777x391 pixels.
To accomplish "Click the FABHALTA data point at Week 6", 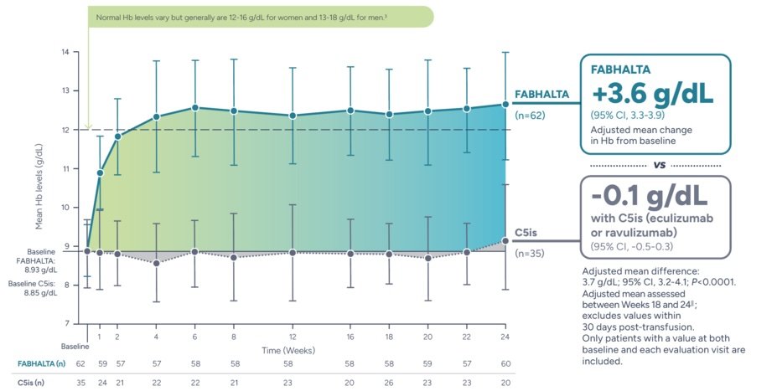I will click(195, 107).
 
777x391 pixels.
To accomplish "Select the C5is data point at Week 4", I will click(156, 263).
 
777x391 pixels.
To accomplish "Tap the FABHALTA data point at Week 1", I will click(100, 172).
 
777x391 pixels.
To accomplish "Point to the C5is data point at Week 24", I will click(505, 240).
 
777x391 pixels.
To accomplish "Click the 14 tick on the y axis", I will click(65, 52).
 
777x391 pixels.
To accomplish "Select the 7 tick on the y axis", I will click(65, 323).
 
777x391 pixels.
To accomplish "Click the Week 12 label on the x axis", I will click(291, 337).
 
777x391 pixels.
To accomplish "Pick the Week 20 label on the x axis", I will click(427, 337).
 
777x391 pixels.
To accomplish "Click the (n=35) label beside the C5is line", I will click(528, 252).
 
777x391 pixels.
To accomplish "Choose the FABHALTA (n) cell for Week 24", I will click(505, 363).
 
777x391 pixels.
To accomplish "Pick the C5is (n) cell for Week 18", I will click(389, 383).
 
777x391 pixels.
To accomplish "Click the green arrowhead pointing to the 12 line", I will click(87, 126).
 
